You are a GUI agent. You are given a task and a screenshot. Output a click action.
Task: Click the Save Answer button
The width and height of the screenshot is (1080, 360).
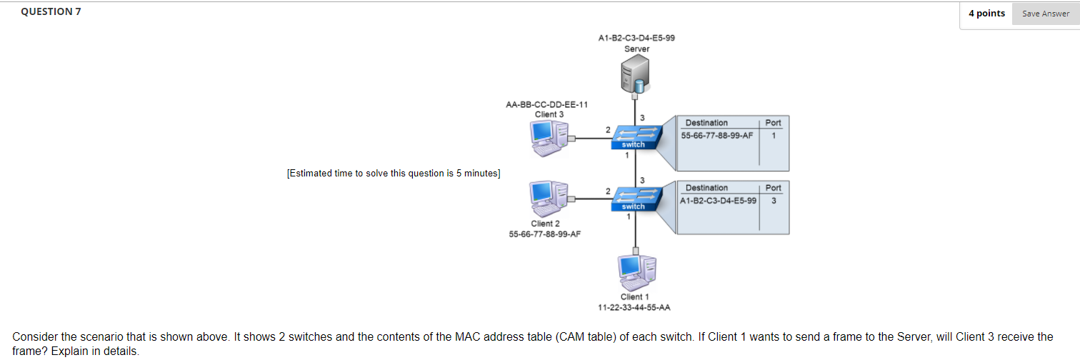[1045, 14]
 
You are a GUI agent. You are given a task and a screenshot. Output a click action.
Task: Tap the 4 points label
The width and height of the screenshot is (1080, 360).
[986, 14]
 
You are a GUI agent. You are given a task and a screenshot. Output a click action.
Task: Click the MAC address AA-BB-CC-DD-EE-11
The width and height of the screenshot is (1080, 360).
[546, 104]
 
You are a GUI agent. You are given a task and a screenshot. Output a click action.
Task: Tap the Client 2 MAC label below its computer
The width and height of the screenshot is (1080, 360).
[544, 234]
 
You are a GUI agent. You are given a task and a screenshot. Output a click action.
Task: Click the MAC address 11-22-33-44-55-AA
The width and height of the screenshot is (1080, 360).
[634, 307]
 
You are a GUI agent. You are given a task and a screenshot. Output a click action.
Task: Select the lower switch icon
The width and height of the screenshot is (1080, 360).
[633, 199]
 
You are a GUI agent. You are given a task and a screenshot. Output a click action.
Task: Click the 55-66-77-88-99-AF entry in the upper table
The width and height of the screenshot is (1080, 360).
[717, 135]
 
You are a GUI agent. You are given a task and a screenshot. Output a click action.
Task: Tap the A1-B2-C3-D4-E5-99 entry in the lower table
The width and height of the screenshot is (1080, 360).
[717, 200]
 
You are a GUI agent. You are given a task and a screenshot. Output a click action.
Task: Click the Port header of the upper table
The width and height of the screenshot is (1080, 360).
[774, 123]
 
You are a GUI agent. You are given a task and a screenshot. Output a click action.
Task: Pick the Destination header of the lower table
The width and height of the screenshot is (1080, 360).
[706, 188]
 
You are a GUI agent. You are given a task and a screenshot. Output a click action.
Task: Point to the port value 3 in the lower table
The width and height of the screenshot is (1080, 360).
[774, 200]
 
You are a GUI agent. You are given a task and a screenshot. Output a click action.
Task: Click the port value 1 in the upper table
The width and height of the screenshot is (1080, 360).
[774, 135]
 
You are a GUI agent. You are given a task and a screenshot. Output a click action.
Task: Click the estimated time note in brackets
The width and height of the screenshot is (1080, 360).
[394, 174]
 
